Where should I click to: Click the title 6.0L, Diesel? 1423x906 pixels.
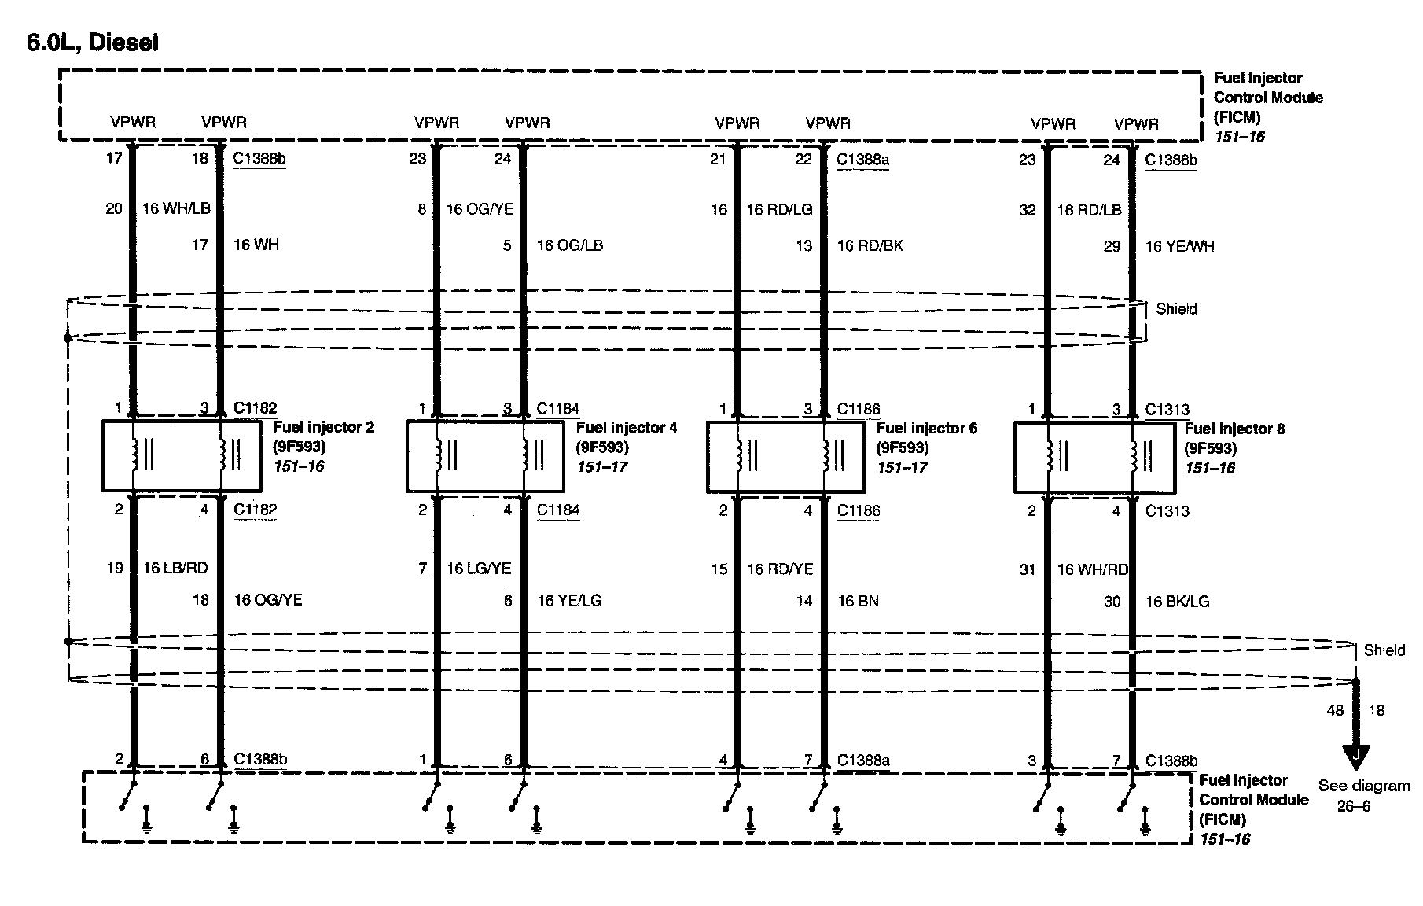(x=93, y=43)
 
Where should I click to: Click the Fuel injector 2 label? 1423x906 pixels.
(x=323, y=428)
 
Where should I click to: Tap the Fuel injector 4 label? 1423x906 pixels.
(x=626, y=428)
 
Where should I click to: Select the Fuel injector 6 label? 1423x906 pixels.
(x=926, y=429)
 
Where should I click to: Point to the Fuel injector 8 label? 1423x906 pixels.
(x=1234, y=429)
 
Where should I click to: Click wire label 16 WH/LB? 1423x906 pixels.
(x=176, y=209)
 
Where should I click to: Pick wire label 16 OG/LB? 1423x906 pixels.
(x=569, y=245)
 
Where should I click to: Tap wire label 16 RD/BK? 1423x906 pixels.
(x=870, y=246)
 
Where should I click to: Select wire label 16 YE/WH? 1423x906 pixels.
(x=1179, y=247)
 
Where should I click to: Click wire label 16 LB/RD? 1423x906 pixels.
(x=175, y=569)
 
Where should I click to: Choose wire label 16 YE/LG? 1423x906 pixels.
(x=569, y=601)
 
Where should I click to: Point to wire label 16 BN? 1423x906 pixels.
(x=858, y=602)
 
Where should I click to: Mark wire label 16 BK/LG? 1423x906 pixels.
(x=1177, y=602)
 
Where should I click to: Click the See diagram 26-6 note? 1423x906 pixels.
(x=1363, y=795)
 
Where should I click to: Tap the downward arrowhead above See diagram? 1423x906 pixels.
(x=1356, y=757)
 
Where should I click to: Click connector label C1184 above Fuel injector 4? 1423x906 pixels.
(x=558, y=409)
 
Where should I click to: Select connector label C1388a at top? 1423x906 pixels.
(x=862, y=160)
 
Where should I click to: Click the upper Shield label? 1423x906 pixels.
(x=1176, y=309)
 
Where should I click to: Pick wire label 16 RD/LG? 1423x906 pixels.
(x=779, y=210)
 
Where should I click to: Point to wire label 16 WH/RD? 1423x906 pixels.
(x=1092, y=569)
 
